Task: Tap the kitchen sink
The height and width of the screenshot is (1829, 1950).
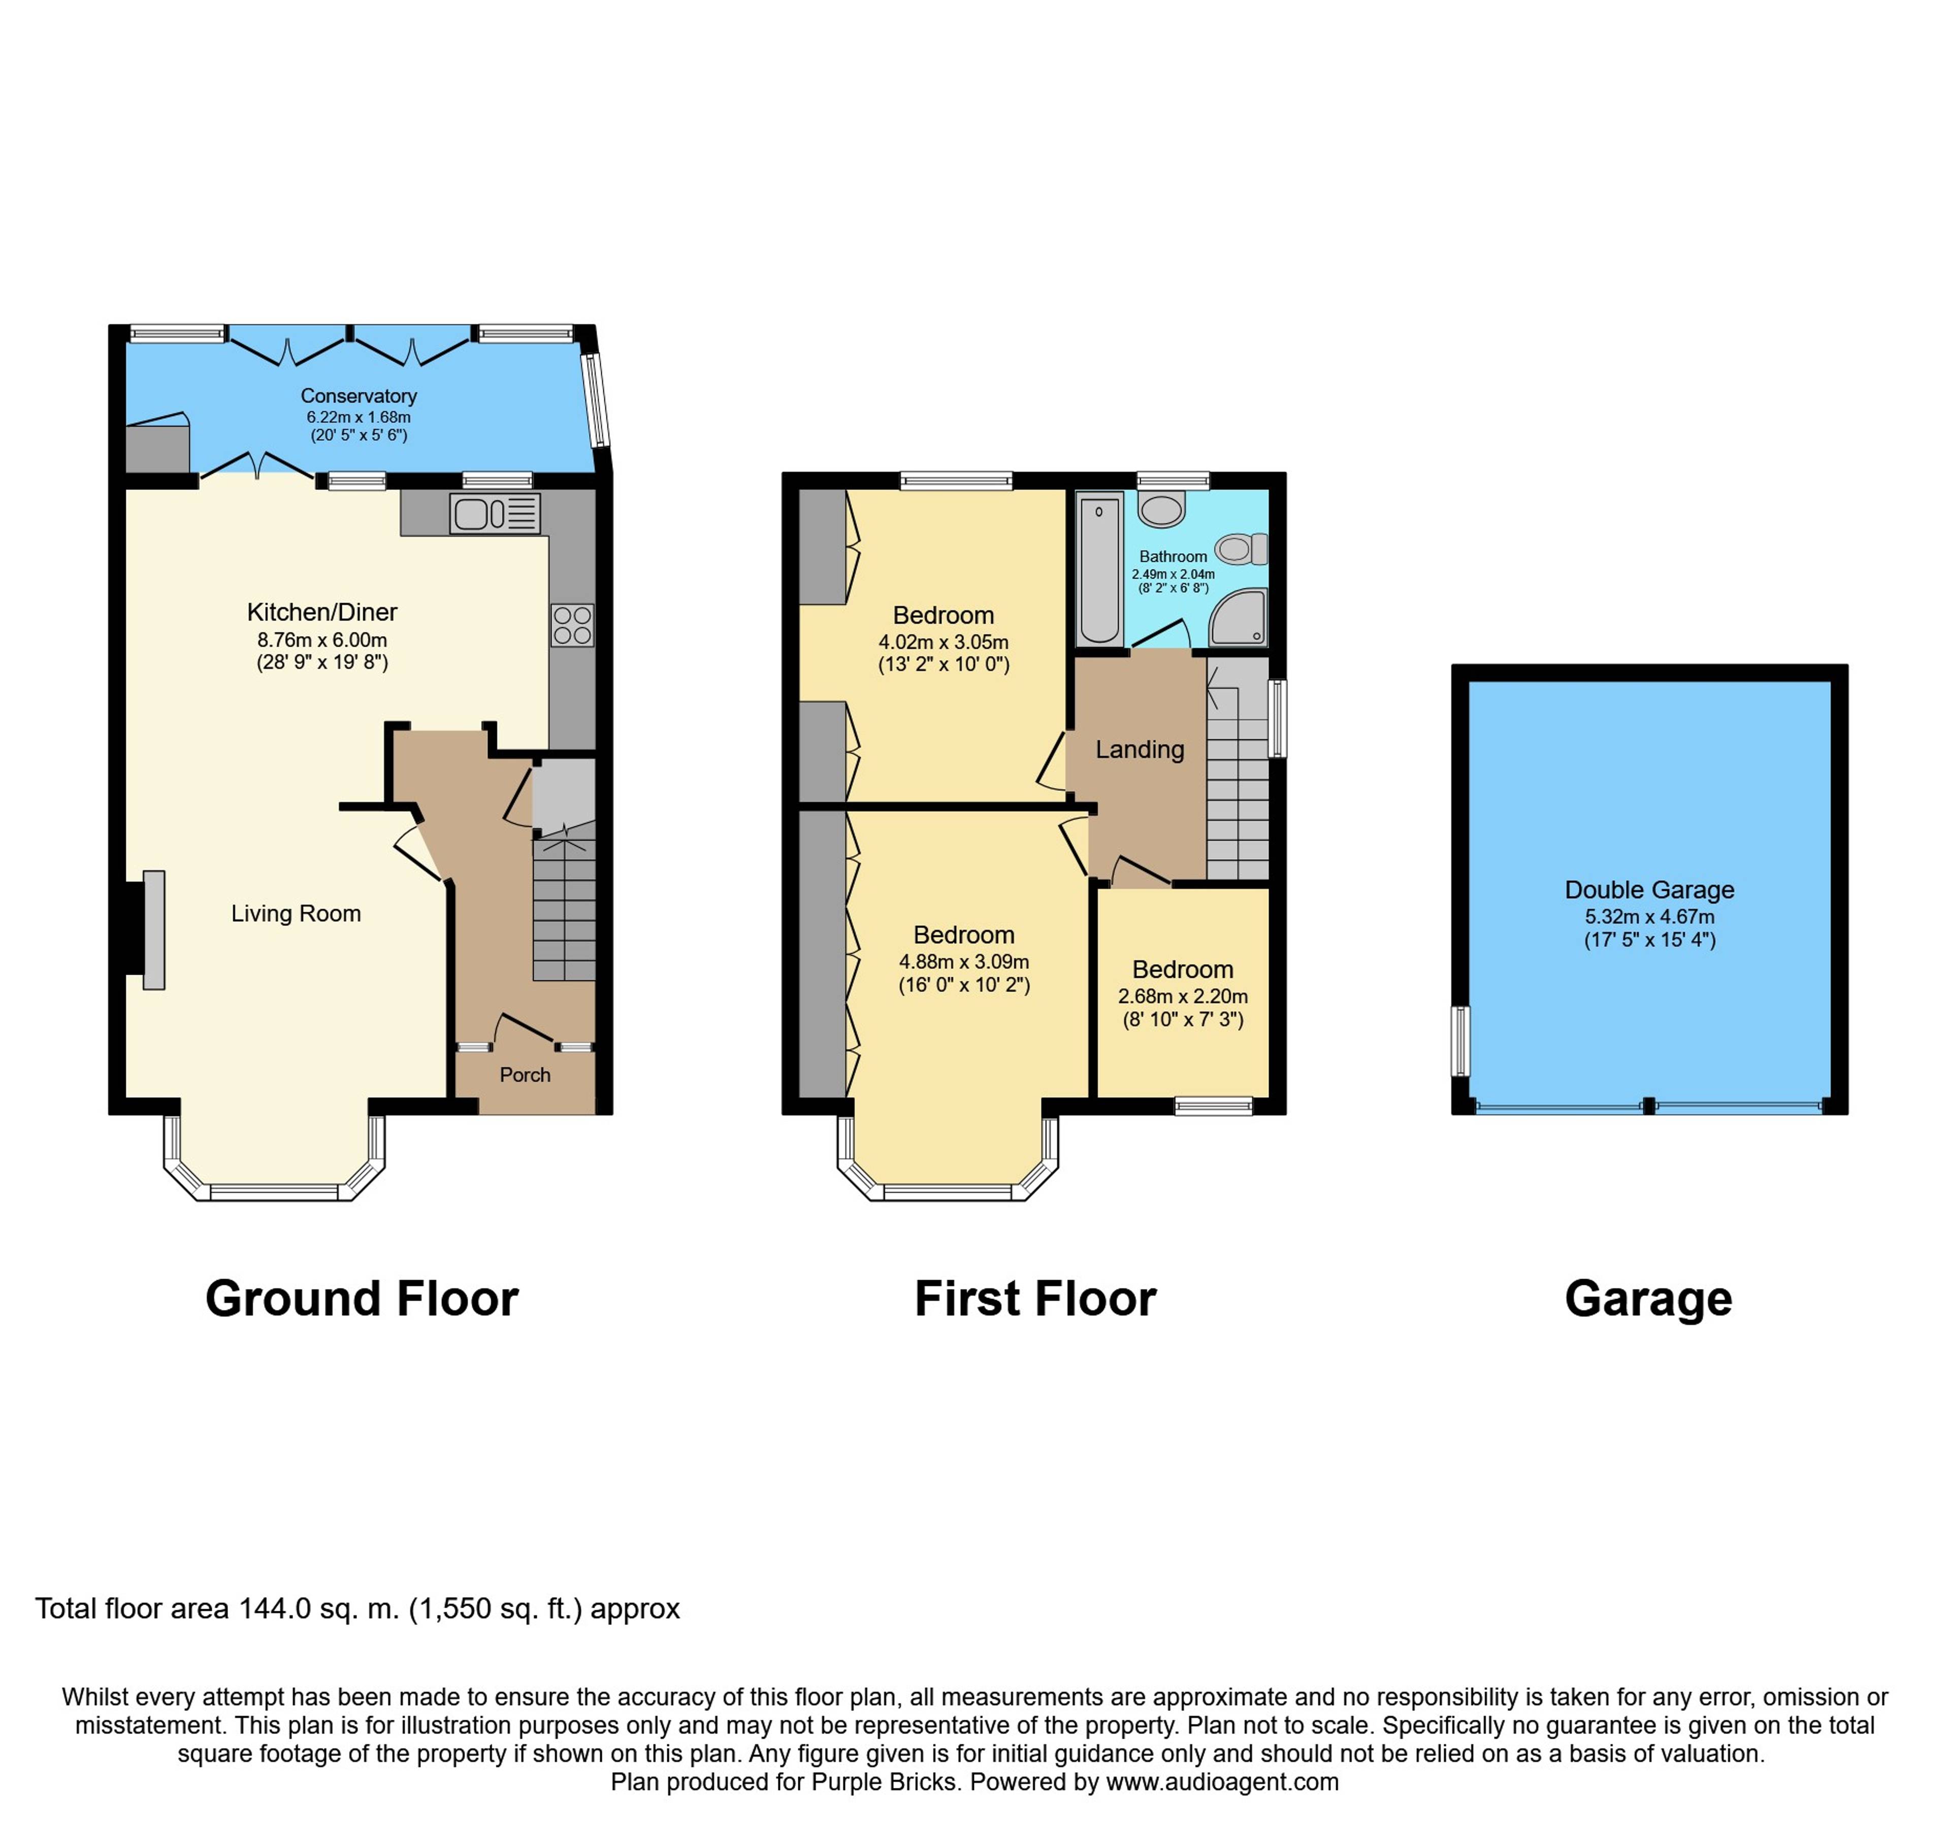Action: [495, 514]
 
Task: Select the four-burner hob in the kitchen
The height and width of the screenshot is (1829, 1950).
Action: [572, 625]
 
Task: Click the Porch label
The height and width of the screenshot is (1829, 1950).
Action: [525, 1075]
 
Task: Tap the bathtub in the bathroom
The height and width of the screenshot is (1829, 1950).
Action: [1099, 569]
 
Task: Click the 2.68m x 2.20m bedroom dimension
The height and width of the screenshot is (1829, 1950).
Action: [1183, 996]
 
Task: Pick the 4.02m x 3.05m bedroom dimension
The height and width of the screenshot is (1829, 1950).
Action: [944, 642]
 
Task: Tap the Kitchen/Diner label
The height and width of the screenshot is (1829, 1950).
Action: [322, 612]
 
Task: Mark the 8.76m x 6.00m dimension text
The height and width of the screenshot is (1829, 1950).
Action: [322, 641]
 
